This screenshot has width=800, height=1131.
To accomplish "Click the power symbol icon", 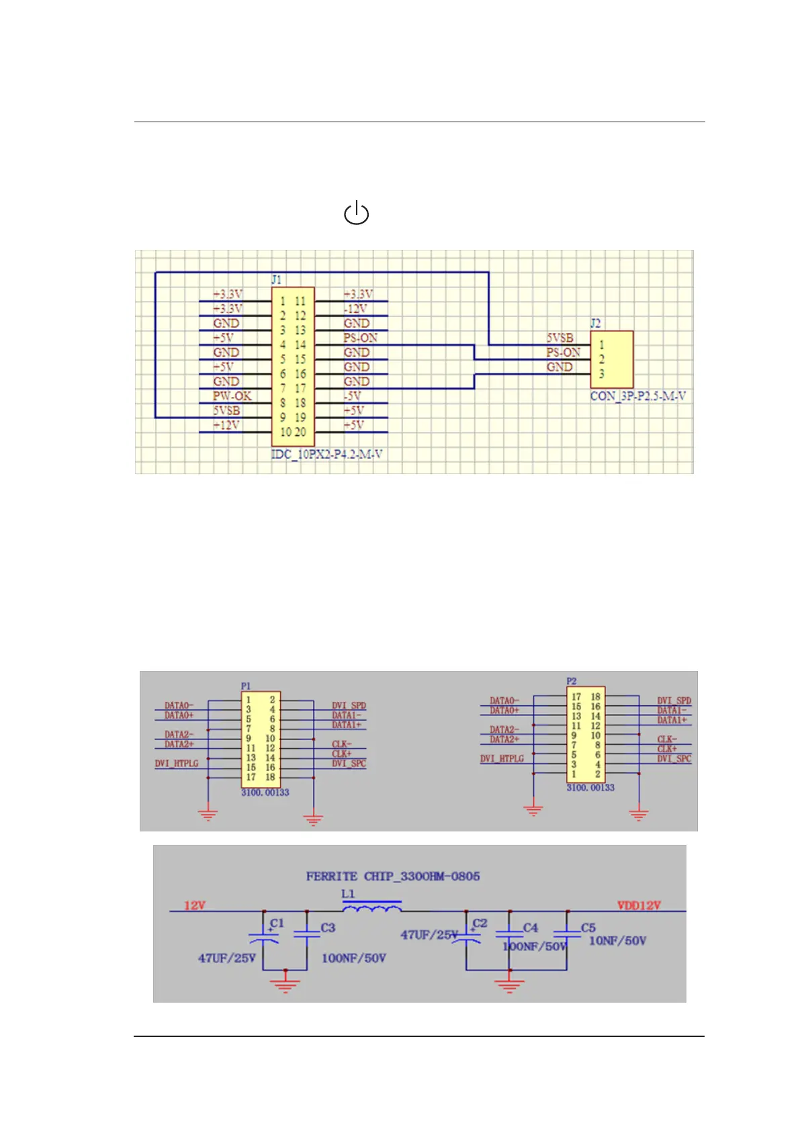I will [356, 213].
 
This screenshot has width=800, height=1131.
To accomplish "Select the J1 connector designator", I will [276, 279].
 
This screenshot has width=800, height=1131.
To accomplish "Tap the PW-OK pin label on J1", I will [232, 396].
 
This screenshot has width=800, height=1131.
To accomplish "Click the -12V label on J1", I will [355, 309].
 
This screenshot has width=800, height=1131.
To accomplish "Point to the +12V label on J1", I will [226, 425].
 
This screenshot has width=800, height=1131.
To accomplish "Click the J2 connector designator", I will [595, 323].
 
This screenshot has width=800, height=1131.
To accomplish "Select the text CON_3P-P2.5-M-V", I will [637, 396].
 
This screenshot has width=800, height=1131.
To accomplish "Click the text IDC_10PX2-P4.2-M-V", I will [326, 455].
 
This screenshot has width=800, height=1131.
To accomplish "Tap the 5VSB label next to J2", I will [560, 338].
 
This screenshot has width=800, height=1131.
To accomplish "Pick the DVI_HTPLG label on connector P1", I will [177, 764].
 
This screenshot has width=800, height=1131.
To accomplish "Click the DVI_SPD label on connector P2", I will [674, 700].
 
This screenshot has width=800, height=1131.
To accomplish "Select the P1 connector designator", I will [246, 686].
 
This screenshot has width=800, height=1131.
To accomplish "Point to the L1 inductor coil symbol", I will [372, 908].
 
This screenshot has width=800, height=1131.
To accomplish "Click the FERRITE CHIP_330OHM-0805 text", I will [393, 876].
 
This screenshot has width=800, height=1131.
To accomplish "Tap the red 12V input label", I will [195, 905].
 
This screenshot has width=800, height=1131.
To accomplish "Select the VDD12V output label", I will [639, 905].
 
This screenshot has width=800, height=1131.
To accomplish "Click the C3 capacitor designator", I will [328, 928].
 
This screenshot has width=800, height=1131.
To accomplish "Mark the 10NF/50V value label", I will [617, 941].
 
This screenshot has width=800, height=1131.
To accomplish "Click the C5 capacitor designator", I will [588, 928].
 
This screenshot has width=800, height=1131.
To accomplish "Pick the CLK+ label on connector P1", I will [341, 754].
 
